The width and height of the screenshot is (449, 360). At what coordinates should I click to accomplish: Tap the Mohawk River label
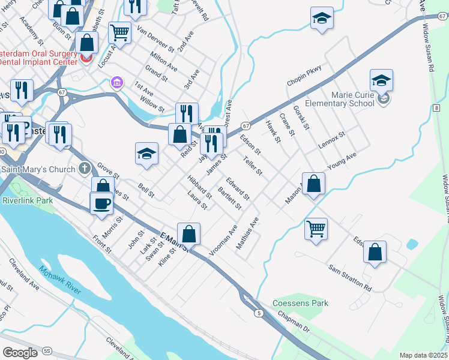[59, 281]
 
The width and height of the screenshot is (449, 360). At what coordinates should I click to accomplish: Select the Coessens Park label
[300, 303]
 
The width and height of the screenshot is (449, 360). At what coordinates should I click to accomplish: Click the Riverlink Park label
[27, 200]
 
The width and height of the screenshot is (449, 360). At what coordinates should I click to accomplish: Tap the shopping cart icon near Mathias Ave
[316, 229]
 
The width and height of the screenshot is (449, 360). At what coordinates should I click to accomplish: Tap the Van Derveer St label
[155, 38]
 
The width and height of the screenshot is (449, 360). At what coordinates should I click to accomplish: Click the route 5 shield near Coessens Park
[258, 313]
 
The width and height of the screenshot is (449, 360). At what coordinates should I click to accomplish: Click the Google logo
[20, 353]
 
